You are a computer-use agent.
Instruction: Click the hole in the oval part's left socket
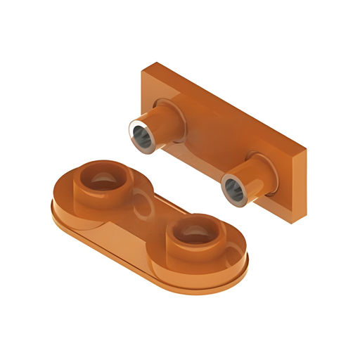coord(103,179)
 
